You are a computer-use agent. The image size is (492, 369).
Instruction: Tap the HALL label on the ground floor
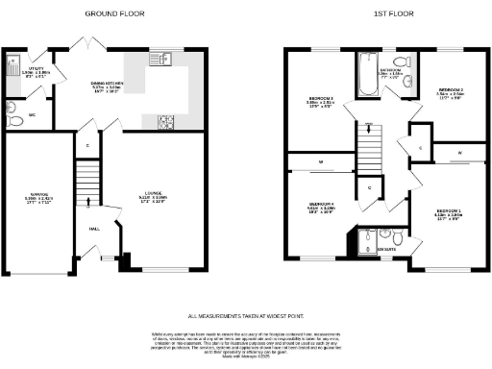click(95, 229)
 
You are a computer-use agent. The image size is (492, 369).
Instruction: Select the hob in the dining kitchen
click(164, 121)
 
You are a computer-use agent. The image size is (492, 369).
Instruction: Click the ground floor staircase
click(87, 183)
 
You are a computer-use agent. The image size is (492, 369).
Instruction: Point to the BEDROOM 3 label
click(319, 102)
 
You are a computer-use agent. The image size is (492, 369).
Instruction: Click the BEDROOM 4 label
click(319, 205)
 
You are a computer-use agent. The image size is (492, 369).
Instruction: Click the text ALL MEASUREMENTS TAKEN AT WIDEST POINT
click(245, 314)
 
